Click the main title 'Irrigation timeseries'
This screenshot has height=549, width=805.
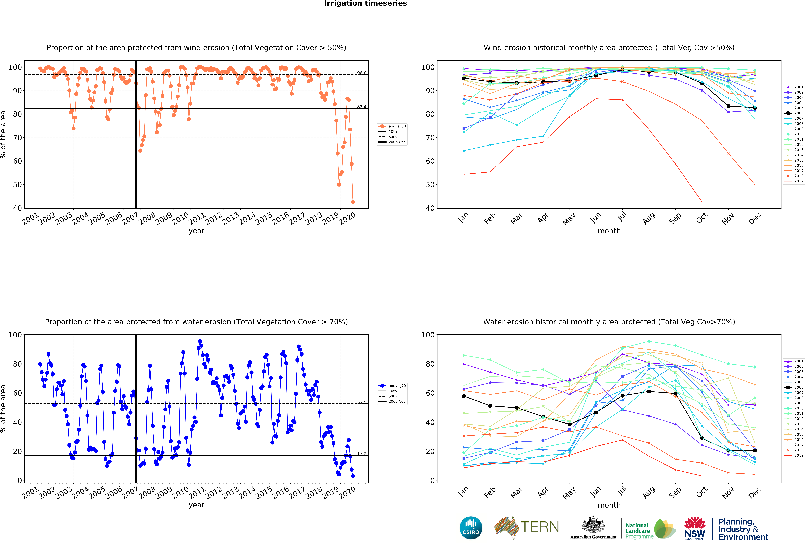click(365, 3)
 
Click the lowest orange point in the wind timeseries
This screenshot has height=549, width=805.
click(353, 202)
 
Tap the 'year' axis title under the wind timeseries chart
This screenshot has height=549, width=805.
click(196, 231)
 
